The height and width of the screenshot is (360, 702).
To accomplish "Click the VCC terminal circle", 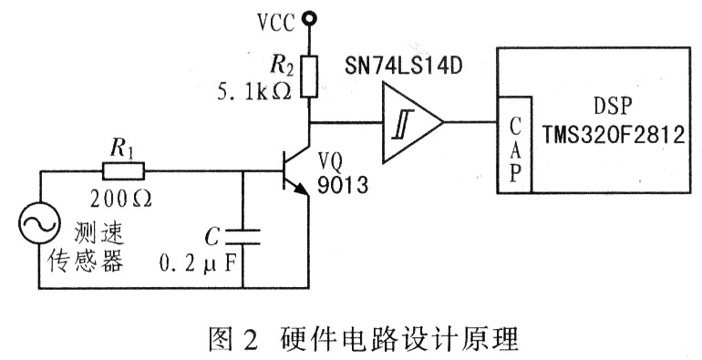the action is (x=308, y=18).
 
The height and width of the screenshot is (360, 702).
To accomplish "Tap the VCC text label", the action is (x=276, y=23).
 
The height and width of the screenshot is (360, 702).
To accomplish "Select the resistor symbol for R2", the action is (x=309, y=77).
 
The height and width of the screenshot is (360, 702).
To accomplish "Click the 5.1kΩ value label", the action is (x=254, y=92).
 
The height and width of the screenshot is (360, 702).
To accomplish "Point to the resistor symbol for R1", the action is (x=123, y=170).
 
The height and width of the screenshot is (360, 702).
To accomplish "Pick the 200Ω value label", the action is (x=121, y=199).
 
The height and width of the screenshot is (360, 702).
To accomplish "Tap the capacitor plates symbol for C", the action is (x=243, y=237).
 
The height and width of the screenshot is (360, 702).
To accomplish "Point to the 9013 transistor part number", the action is (x=343, y=185).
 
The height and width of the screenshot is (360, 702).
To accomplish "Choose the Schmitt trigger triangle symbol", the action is (x=412, y=122).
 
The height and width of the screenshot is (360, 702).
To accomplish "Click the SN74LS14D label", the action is (x=403, y=66).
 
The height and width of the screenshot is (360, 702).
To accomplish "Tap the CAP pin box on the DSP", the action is (x=514, y=145).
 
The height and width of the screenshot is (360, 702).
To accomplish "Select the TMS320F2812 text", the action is (x=614, y=134).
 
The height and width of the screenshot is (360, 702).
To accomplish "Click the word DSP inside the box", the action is (x=613, y=107).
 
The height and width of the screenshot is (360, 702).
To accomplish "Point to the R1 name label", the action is (x=122, y=149).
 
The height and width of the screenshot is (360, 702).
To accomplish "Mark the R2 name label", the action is (x=281, y=66).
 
